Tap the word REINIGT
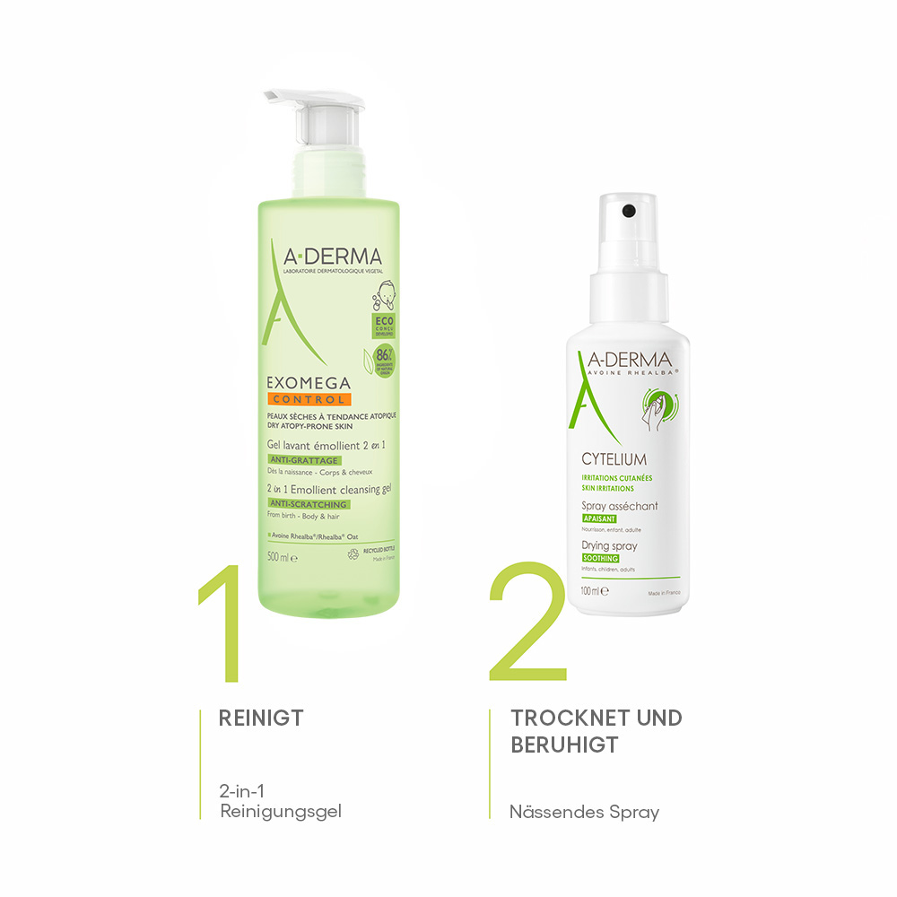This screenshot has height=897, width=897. (x=261, y=718)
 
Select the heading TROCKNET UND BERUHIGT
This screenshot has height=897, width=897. (x=596, y=730)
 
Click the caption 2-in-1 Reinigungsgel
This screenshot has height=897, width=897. (x=280, y=802)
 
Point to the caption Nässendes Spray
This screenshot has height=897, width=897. (x=584, y=813)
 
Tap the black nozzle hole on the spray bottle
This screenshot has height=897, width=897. (x=628, y=211)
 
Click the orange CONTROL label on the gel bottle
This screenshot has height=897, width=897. (x=308, y=398)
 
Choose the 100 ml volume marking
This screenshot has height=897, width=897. (x=594, y=591)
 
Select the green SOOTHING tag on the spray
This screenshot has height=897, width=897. (x=600, y=558)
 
